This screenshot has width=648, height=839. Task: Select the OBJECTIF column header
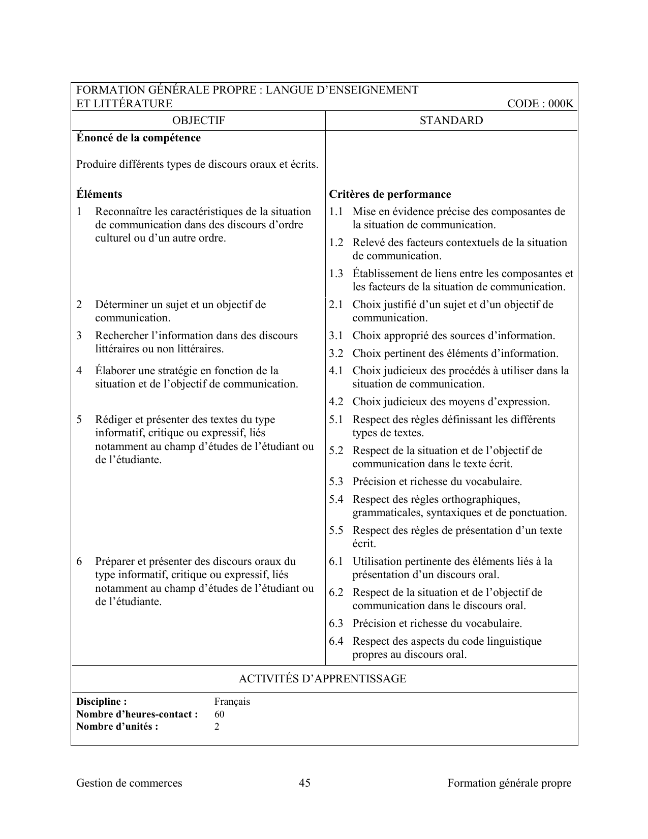point(198,121)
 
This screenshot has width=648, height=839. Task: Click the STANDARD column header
point(451,121)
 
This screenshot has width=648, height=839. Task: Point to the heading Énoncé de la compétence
point(138,138)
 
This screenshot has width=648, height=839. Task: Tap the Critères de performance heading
point(390,194)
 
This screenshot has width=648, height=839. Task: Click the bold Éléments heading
point(99,194)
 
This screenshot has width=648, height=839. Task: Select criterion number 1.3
point(336,274)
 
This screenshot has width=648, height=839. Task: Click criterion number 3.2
point(336,353)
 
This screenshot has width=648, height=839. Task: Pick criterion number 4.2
point(336,402)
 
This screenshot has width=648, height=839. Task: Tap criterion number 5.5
point(336,530)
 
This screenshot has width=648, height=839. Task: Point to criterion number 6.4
point(336,641)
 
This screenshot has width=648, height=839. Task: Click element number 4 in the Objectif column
point(79,371)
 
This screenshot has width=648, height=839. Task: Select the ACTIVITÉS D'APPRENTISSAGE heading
point(322,679)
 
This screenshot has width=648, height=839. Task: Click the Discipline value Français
point(232,702)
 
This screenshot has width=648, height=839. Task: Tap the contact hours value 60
point(220,714)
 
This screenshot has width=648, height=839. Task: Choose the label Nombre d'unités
point(117,726)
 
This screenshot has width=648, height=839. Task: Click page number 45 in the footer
point(305,783)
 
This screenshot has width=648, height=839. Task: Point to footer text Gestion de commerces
point(129,783)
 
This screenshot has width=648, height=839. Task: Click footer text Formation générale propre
point(509,783)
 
